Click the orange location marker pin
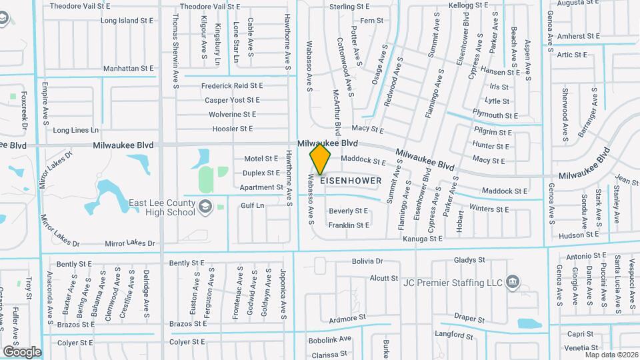pyautogui.click(x=321, y=159)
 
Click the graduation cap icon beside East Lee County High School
pyautogui.click(x=205, y=206)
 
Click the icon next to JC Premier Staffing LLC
pyautogui.click(x=512, y=280)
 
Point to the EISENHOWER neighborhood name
pyautogui.click(x=351, y=181)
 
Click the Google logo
pyautogui.click(x=21, y=351)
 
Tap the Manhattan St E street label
pyautogui.click(x=128, y=69)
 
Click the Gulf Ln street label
pyautogui.click(x=252, y=206)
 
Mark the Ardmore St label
pyautogui.click(x=348, y=319)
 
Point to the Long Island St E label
pyautogui.click(x=127, y=21)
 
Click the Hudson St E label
pyautogui.click(x=578, y=235)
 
